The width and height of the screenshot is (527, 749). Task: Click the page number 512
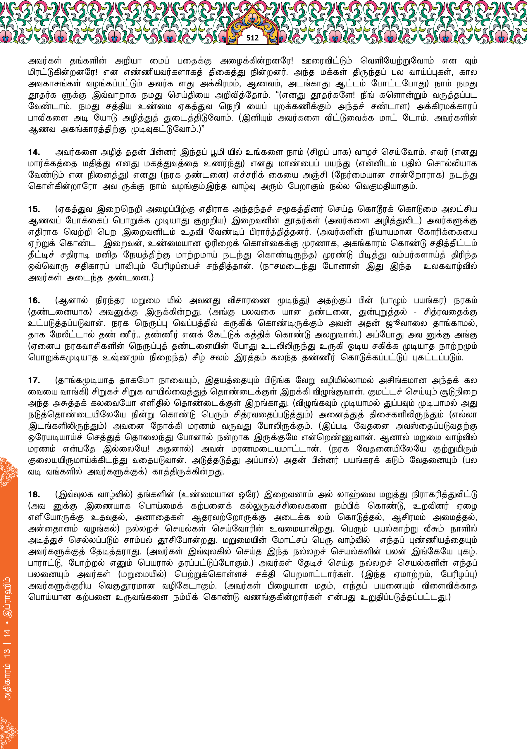click(252, 38)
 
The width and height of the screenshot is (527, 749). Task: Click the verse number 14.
click(34, 152)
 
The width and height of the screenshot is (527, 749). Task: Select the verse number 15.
click(34, 209)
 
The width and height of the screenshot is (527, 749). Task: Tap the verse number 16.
click(34, 300)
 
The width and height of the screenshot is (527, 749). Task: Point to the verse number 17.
click(34, 380)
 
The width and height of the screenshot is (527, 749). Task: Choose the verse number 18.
click(34, 494)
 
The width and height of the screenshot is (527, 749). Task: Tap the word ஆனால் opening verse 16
click(73, 300)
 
